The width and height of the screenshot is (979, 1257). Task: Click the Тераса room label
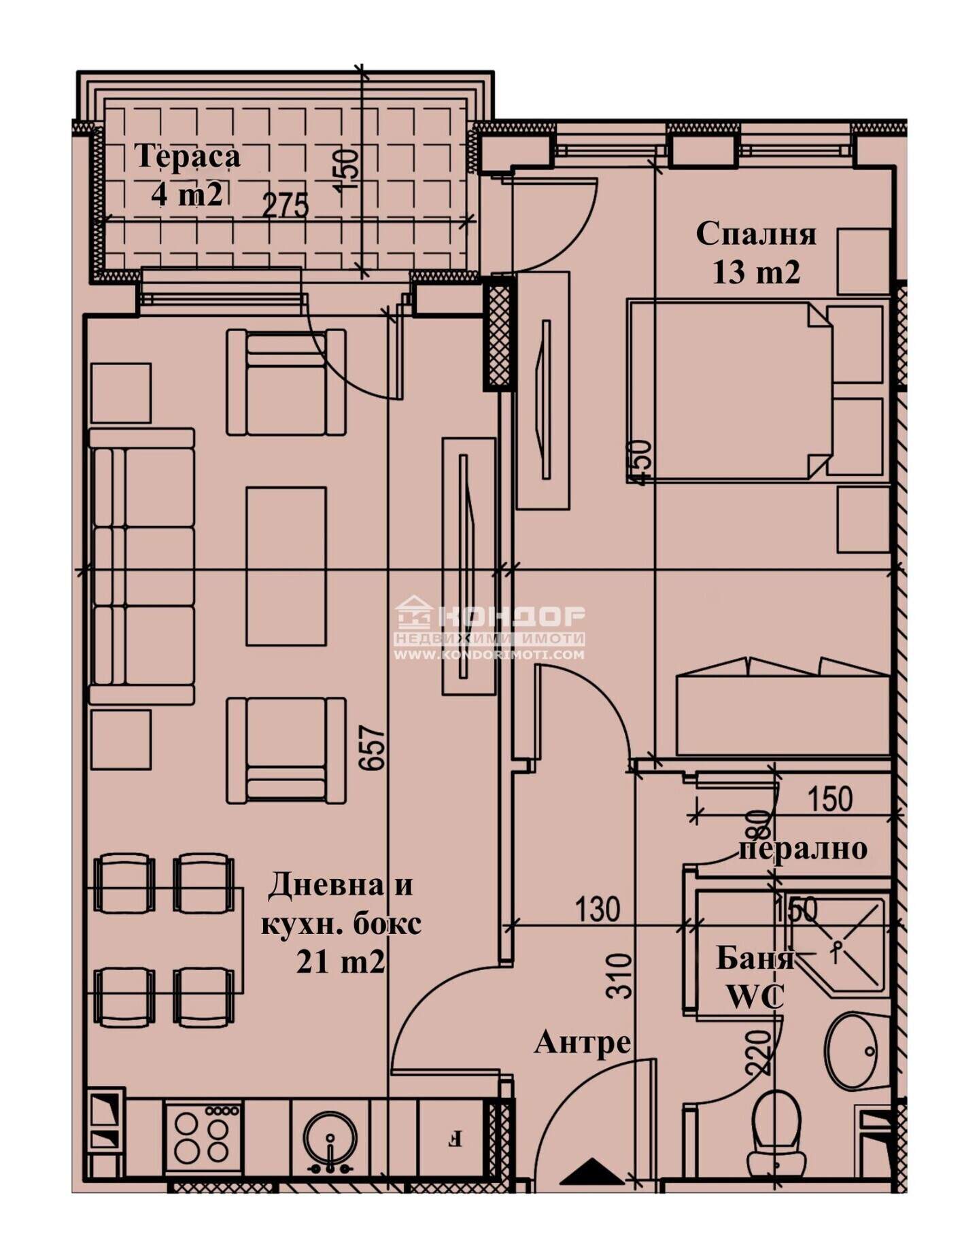click(x=188, y=156)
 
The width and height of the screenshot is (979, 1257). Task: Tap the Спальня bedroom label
click(x=756, y=234)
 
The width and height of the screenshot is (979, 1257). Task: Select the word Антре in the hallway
click(x=583, y=1042)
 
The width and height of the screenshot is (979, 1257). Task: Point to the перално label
click(x=803, y=849)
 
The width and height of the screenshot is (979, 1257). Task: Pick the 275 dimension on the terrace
click(x=286, y=205)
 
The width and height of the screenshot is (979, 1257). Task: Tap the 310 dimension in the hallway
click(x=619, y=976)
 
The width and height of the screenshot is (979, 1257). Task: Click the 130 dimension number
click(x=598, y=909)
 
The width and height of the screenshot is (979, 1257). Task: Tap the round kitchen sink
click(x=330, y=1137)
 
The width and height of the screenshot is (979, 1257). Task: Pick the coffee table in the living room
click(x=286, y=566)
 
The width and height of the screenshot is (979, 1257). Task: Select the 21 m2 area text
click(x=340, y=962)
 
